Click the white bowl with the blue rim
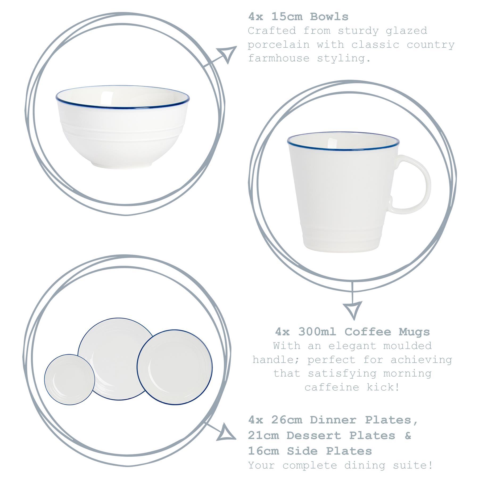(122, 125)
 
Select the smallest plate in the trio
(69, 379)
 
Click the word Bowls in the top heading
(329, 17)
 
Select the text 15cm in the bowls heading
(287, 17)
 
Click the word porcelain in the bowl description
(279, 45)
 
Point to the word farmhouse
(279, 58)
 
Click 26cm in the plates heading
(287, 420)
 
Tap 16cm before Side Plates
(263, 451)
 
